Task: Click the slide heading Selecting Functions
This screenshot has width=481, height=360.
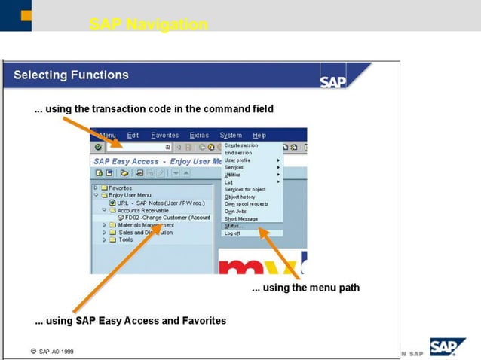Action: (x=71, y=75)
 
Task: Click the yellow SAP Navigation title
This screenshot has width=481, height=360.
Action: (x=148, y=25)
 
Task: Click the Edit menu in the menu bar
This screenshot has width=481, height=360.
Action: (x=133, y=135)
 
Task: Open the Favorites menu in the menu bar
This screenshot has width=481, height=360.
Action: (x=164, y=135)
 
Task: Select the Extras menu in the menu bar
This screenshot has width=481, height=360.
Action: (x=199, y=135)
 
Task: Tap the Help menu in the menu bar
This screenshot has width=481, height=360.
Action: (x=259, y=135)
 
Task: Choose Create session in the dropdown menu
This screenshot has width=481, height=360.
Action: (x=241, y=145)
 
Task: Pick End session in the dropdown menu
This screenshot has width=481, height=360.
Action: (x=238, y=153)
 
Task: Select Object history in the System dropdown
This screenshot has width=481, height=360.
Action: (x=240, y=197)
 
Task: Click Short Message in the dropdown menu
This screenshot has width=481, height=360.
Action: (x=241, y=219)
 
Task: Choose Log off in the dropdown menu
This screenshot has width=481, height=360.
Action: (x=233, y=233)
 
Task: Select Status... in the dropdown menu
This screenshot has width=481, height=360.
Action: (x=234, y=226)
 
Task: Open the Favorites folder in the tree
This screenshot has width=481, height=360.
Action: (x=120, y=188)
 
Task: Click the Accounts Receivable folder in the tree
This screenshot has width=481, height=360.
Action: (x=142, y=210)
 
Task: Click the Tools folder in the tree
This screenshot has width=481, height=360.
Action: (x=125, y=239)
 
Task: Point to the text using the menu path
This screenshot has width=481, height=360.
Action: (x=305, y=288)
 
